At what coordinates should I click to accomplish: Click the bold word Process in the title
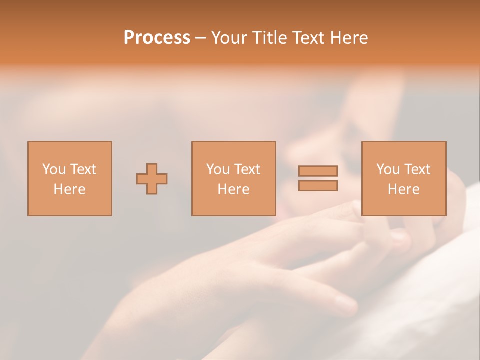[157, 38]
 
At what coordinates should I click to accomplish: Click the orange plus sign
[152, 179]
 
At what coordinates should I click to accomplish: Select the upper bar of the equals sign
[318, 171]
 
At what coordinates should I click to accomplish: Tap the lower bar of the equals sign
[318, 185]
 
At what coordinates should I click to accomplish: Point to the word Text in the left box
[83, 169]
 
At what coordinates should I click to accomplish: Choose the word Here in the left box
[69, 189]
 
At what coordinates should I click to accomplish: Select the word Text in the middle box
[247, 169]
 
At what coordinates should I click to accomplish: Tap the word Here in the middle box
[233, 189]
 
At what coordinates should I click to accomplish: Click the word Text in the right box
[417, 169]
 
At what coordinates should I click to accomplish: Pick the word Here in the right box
[403, 189]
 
